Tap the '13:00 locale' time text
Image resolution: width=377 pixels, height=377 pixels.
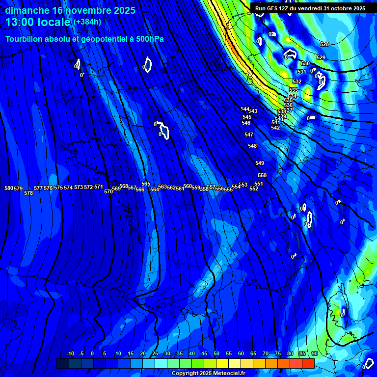click(38, 23)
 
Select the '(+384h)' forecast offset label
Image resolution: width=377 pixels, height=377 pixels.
click(87, 22)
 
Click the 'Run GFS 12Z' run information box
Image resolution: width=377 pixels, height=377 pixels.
click(310, 8)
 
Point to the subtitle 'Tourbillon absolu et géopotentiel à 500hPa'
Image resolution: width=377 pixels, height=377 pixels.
click(84, 39)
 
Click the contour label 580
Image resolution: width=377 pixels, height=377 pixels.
click(9, 188)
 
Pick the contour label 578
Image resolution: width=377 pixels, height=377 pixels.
click(28, 193)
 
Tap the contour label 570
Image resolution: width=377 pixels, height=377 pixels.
click(108, 192)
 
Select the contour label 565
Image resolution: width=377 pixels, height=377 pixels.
click(146, 184)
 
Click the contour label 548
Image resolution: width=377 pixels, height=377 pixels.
click(252, 146)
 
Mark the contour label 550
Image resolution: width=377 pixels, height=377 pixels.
click(262, 176)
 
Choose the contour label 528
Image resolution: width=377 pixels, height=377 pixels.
click(324, 45)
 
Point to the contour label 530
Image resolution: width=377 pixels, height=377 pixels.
click(305, 64)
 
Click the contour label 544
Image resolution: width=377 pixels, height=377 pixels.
click(245, 109)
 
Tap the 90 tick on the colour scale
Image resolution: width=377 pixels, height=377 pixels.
click(314, 354)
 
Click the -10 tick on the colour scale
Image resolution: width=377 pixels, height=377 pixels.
click(70, 354)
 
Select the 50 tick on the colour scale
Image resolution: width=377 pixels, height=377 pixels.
click(216, 354)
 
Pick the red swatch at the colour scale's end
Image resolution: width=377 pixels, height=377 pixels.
click(308, 363)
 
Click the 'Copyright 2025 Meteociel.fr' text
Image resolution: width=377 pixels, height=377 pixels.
click(208, 374)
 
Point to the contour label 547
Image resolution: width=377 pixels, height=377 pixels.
click(249, 135)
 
